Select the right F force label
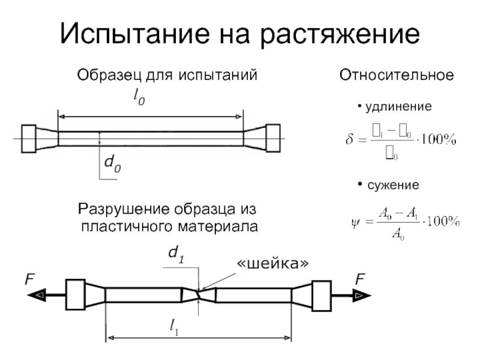click(360, 279)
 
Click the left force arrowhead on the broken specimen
click(40, 295)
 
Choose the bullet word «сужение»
click(394, 186)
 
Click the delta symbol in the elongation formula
click(350, 142)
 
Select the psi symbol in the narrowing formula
click(355, 222)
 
